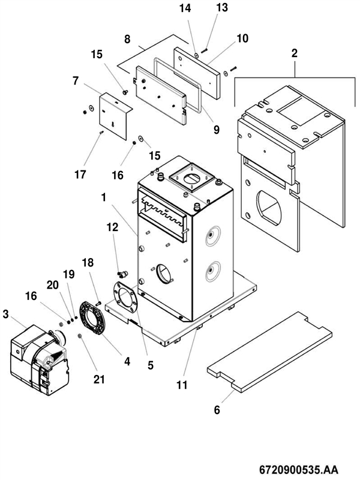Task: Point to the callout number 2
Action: (x=294, y=53)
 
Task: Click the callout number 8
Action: (x=127, y=39)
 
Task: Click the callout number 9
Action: (x=216, y=130)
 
